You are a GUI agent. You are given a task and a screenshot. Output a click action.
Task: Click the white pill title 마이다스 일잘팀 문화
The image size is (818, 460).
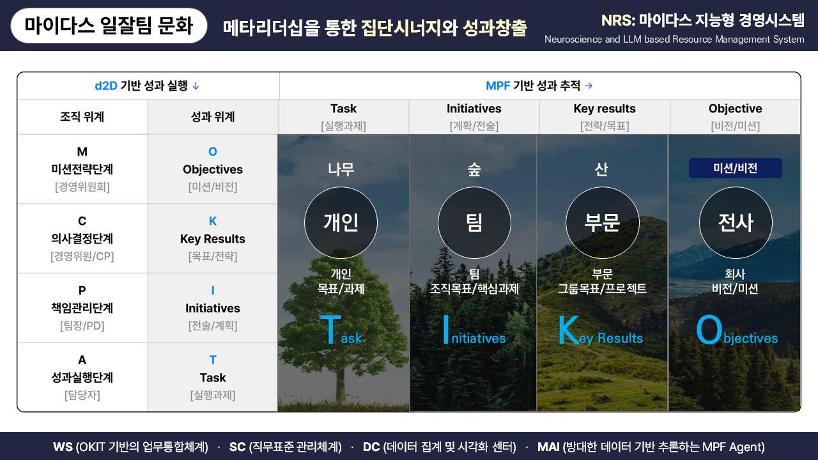pyautogui.click(x=109, y=26)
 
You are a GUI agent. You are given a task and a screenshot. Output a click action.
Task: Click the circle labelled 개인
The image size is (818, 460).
pyautogui.click(x=341, y=222)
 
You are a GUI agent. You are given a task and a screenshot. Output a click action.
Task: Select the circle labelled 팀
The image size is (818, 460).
pyautogui.click(x=474, y=222)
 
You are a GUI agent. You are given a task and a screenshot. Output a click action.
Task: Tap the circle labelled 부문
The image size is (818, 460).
pyautogui.click(x=602, y=222)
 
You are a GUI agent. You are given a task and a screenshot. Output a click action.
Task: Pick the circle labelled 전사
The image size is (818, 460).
pyautogui.click(x=736, y=222)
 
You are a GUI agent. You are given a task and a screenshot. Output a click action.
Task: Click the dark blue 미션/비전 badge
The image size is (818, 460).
pyautogui.click(x=735, y=168)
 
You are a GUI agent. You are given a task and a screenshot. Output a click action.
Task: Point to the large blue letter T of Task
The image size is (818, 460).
pyautogui.click(x=329, y=331)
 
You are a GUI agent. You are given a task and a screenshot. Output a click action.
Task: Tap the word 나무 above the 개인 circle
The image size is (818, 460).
pyautogui.click(x=341, y=169)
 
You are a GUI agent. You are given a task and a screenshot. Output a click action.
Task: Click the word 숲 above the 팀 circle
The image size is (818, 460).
pyautogui.click(x=474, y=169)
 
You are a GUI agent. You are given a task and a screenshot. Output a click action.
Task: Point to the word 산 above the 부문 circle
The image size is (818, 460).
pyautogui.click(x=601, y=169)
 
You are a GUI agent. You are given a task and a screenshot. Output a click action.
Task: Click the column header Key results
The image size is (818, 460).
pyautogui.click(x=605, y=109)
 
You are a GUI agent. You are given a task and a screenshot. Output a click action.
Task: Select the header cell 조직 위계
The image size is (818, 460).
pyautogui.click(x=82, y=117)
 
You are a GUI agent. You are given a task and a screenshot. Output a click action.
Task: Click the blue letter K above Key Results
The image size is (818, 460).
pyautogui.click(x=213, y=221)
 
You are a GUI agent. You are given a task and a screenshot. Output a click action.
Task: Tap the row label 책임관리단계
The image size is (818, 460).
pyautogui.click(x=82, y=308)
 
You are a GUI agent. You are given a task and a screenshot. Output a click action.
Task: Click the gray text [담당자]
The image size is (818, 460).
pyautogui.click(x=82, y=395)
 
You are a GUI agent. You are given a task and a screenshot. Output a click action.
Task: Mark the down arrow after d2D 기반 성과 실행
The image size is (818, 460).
pyautogui.click(x=196, y=86)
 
